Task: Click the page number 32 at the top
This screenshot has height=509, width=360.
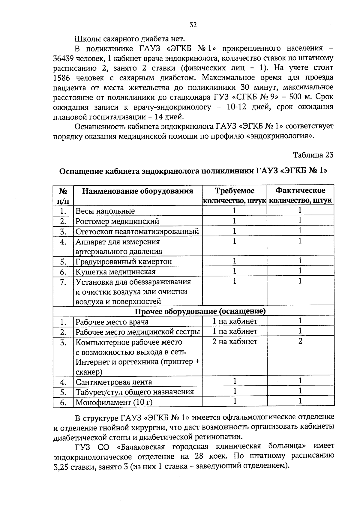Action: pos(193,25)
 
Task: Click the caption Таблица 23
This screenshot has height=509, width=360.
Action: pos(313,155)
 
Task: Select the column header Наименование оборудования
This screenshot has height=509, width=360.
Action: pos(138,191)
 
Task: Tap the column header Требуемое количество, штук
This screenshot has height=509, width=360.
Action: pos(235,196)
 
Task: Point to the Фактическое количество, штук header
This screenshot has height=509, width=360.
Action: pos(300,196)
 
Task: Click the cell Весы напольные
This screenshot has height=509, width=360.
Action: pos(105,211)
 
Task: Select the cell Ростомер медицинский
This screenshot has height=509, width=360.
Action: pos(117,221)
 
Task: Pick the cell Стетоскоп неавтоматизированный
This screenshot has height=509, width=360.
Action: pos(137,232)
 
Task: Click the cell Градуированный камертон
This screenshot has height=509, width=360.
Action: pos(124,262)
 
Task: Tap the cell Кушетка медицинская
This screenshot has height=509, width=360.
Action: pos(115,272)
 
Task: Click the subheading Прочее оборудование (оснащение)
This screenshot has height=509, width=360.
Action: pos(200,311)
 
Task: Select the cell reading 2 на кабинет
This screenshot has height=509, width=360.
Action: pos(235,342)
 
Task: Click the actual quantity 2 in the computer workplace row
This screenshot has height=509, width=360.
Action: pos(300,341)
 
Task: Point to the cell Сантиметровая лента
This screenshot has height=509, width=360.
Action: pos(114,382)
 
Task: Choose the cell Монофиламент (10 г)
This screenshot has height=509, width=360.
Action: pos(114,402)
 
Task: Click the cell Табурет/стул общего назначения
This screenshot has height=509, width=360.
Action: pos(135,392)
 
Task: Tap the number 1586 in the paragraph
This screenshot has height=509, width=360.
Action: pos(62,78)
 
